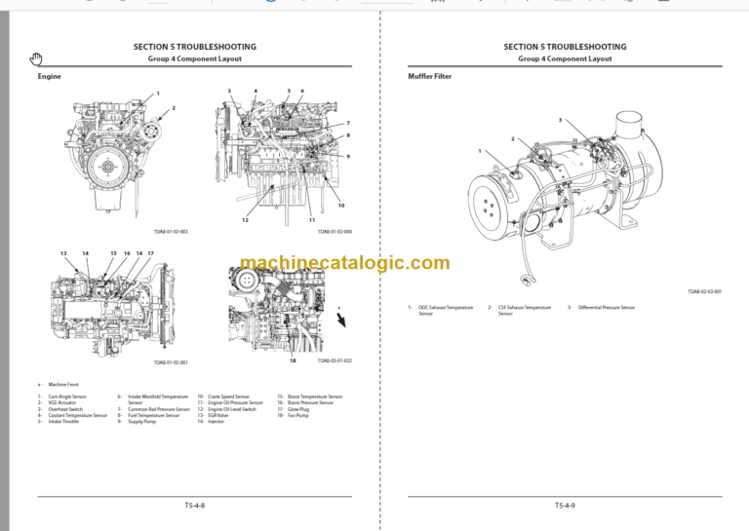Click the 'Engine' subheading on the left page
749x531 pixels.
49,75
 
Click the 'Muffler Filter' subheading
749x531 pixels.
429,75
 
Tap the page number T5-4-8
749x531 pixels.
194,505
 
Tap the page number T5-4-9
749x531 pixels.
565,505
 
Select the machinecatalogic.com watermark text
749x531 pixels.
344,263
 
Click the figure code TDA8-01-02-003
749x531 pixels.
171,231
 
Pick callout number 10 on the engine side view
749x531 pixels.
340,205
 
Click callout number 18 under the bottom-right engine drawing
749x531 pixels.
292,360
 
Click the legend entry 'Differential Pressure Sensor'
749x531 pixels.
604,307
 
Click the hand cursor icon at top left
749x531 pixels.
36,58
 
